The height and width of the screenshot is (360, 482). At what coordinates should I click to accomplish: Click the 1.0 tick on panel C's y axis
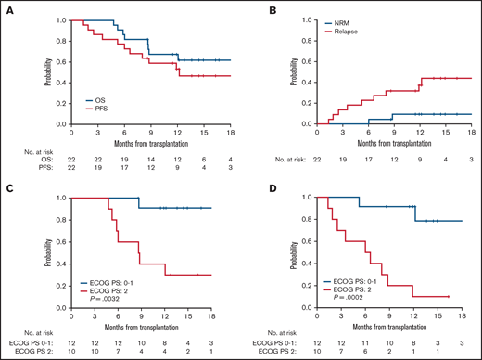click(x=46, y=199)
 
